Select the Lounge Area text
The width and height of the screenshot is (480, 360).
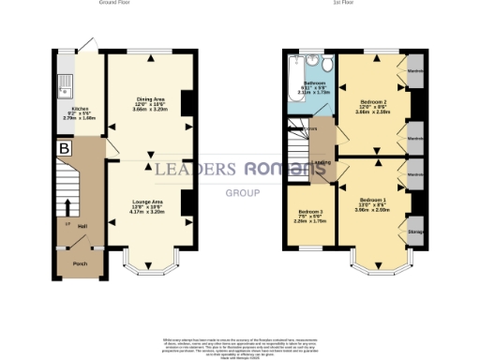click(x=151, y=202)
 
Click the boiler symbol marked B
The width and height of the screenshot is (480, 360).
click(x=64, y=148)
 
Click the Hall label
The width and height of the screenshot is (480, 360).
click(x=82, y=226)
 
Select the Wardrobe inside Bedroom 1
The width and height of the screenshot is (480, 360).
click(x=413, y=173)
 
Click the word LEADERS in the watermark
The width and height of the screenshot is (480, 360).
click(x=194, y=169)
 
